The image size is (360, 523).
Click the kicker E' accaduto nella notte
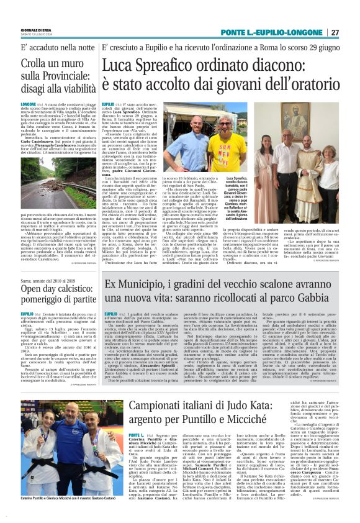tap(52, 47)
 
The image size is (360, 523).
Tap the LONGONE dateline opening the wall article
tap(29, 104)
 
